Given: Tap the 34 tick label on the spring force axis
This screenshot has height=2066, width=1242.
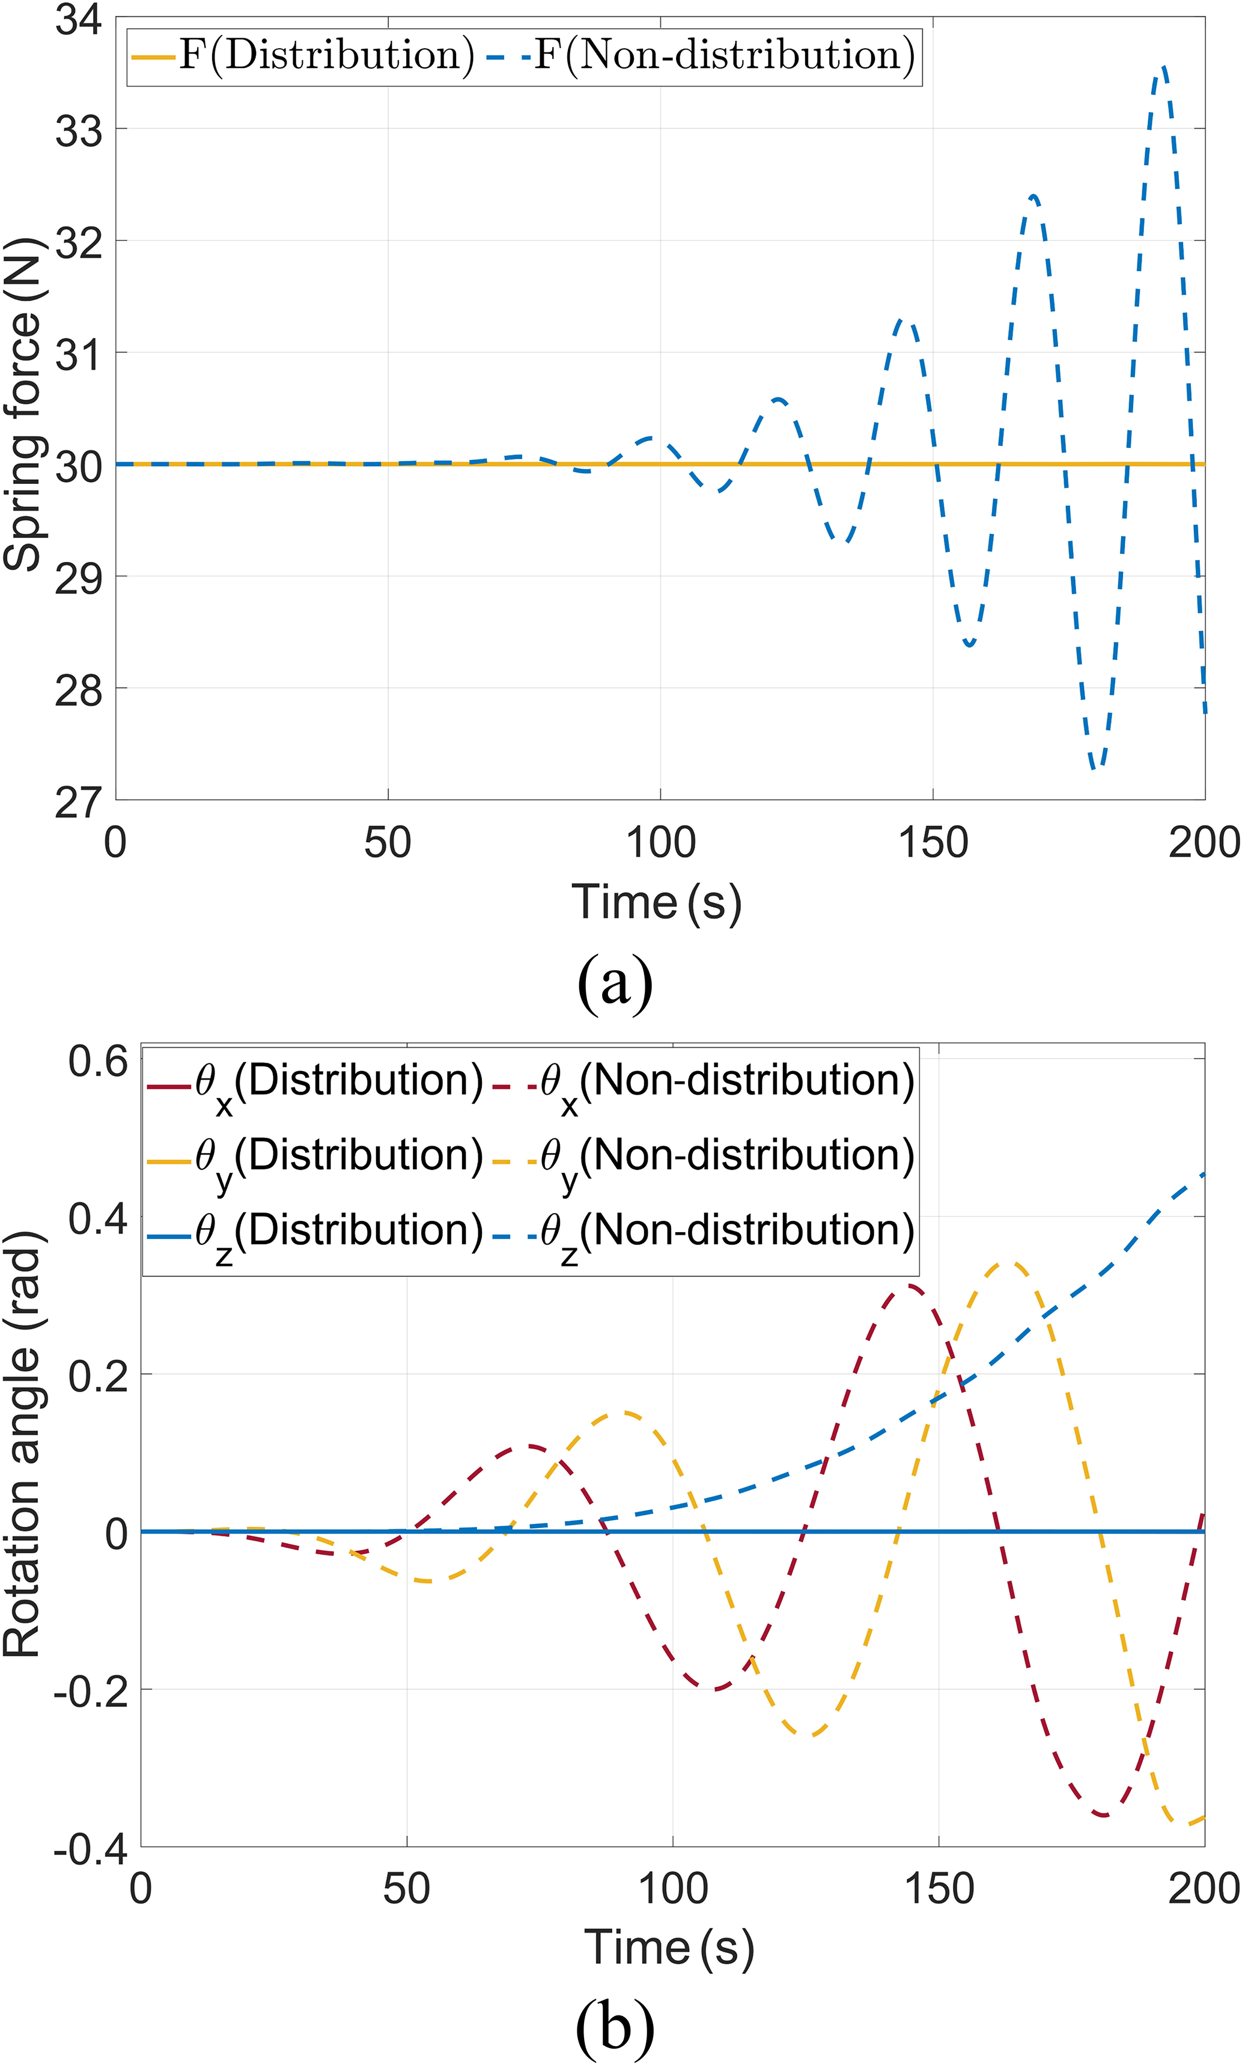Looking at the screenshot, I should pos(79,19).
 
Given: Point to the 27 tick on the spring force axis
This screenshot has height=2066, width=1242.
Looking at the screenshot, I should pos(79,802).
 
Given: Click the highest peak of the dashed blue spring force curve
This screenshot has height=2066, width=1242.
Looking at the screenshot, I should pos(1163,67).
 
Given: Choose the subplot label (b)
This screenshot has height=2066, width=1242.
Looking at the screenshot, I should pos(615,2028).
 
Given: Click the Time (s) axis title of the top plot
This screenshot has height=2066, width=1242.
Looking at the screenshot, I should pos(657,903).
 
